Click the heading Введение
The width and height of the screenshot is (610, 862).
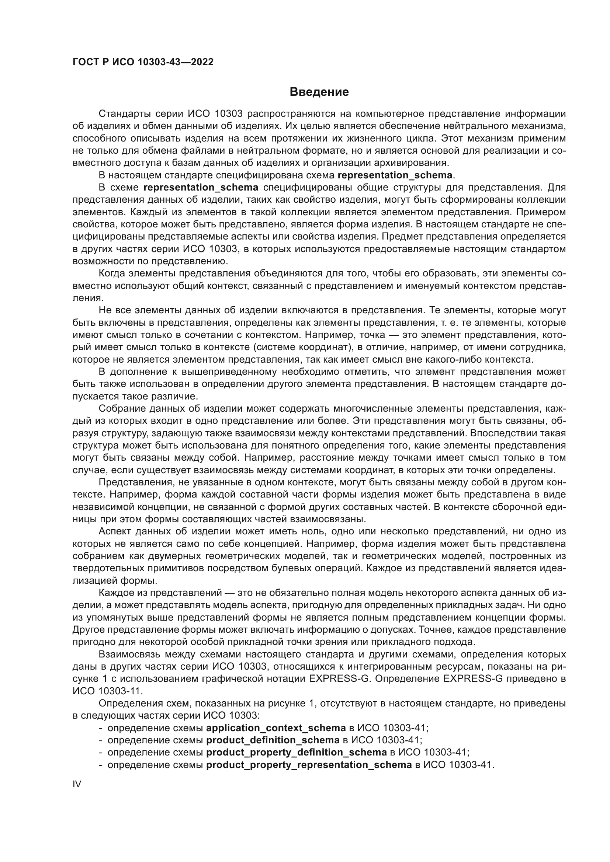click(319, 92)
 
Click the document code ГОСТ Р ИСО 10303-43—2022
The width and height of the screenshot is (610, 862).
click(143, 62)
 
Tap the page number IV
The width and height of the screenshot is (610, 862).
click(77, 784)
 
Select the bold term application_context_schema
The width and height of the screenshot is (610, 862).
click(276, 728)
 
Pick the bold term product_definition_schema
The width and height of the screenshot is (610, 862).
click(273, 740)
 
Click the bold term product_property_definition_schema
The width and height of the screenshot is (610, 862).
click(297, 753)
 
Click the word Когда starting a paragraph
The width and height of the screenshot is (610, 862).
click(111, 273)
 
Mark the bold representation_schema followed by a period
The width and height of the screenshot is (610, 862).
click(395, 175)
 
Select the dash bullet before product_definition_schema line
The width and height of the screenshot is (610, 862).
click(100, 740)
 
